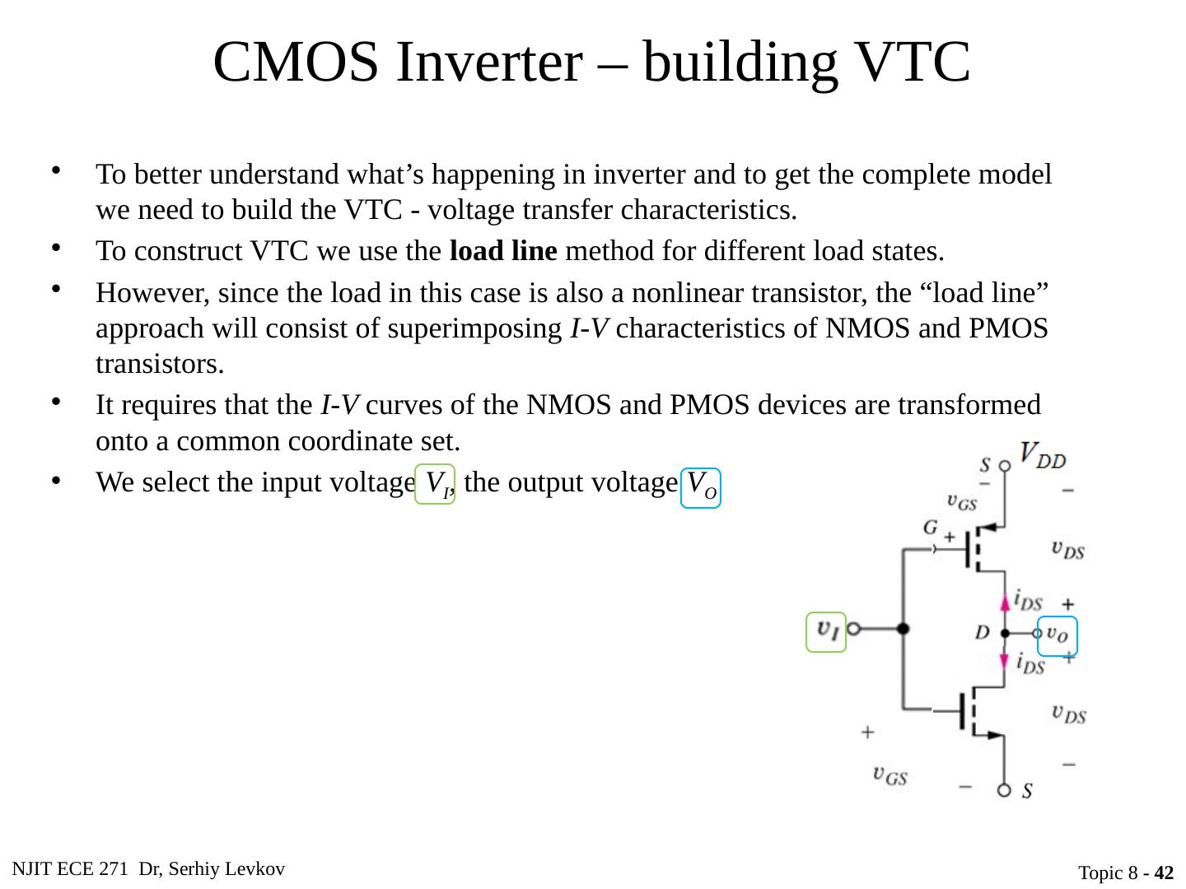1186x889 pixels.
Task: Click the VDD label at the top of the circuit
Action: coord(1042,455)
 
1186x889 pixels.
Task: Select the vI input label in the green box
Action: coord(826,631)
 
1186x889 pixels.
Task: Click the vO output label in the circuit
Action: coord(1058,635)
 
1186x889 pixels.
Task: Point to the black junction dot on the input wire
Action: coord(904,629)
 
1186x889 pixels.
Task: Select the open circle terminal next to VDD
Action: coord(1005,465)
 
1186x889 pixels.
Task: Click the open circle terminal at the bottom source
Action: coord(1005,790)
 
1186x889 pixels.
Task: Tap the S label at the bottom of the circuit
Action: coord(1028,791)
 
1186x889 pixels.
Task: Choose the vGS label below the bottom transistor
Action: coord(890,775)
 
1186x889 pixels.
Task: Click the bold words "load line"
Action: coord(503,250)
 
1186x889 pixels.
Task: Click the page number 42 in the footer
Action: coord(1164,873)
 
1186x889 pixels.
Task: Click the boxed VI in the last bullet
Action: coord(435,485)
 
